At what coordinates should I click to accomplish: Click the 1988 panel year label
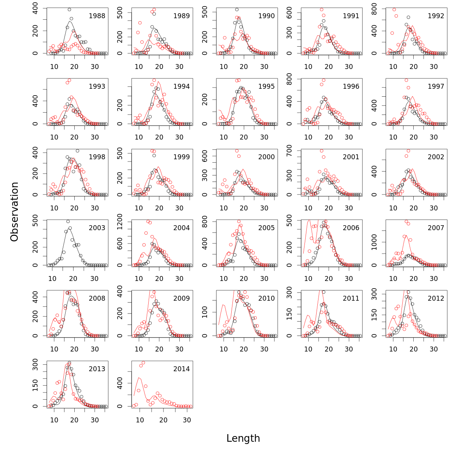click(97, 16)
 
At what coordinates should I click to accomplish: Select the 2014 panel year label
click(182, 369)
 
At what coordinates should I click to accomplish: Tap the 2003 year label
click(97, 228)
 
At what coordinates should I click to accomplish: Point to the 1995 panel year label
click(266, 86)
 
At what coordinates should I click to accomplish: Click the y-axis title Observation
click(14, 212)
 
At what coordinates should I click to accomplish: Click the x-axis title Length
click(243, 438)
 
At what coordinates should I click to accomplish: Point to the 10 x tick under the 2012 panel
click(393, 349)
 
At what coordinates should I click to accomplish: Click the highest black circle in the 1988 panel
click(69, 9)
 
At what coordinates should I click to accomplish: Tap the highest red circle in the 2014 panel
click(143, 363)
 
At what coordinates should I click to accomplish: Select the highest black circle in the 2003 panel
click(68, 221)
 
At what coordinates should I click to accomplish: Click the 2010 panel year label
click(266, 298)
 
